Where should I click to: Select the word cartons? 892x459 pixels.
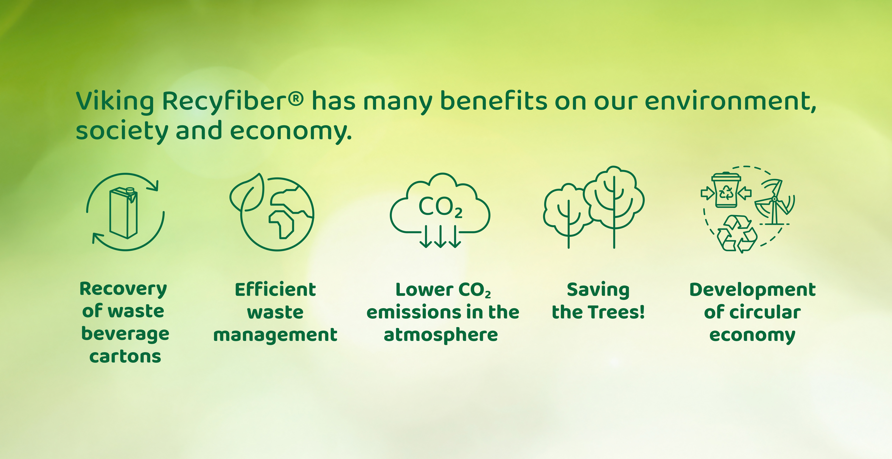coord(125,356)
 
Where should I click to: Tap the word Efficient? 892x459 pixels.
coord(275,289)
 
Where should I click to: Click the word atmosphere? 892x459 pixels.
coord(441,335)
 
